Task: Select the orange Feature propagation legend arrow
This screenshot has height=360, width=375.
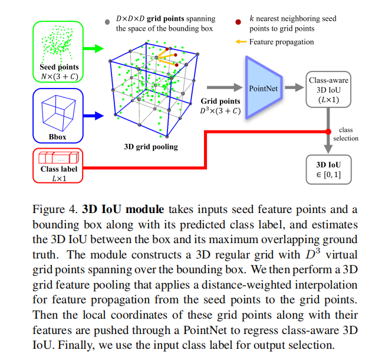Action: (x=241, y=42)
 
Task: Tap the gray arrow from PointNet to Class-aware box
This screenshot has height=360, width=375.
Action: (x=292, y=88)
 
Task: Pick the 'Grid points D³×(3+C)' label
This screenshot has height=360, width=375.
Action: (x=219, y=106)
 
